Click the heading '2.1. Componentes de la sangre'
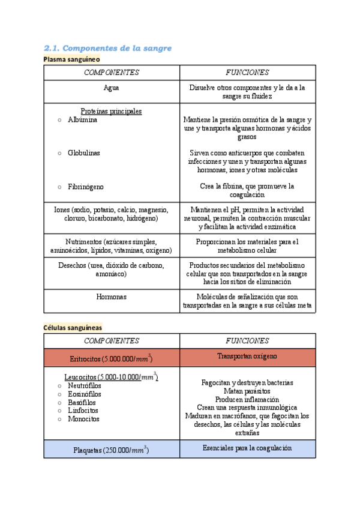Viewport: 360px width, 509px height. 108,48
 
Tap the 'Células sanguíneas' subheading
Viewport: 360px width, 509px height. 72,327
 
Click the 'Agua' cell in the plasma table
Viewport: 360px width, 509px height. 111,87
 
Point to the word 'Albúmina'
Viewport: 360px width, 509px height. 83,120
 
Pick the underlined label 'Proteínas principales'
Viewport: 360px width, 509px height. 111,111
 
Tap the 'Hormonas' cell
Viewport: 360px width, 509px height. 111,297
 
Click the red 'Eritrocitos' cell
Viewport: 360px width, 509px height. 111,358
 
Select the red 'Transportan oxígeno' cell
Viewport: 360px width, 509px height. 247,357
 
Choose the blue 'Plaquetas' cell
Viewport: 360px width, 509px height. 111,450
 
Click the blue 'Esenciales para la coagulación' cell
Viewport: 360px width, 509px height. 247,448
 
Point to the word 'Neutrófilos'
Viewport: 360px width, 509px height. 85,385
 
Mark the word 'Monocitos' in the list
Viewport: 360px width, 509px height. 83,419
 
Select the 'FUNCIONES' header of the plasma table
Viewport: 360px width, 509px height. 247,73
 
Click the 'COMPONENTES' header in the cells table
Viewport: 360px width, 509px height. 111,341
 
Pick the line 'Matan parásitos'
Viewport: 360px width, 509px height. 247,391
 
